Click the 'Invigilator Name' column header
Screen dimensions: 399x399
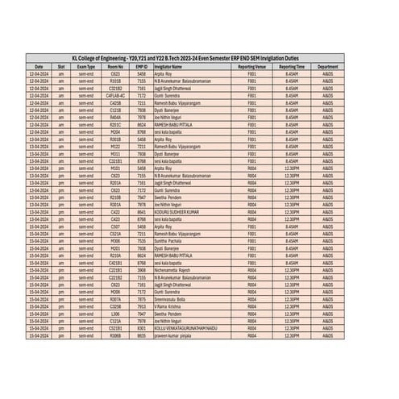click(173, 66)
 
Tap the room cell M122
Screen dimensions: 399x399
click(114, 146)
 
